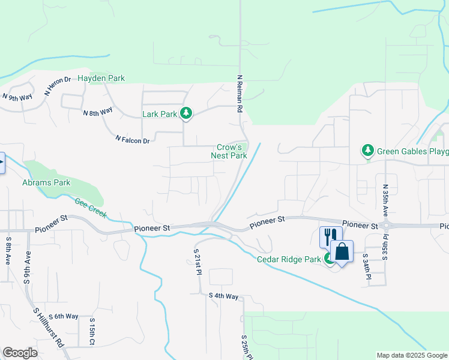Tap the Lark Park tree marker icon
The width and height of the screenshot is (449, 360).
[x=186, y=113]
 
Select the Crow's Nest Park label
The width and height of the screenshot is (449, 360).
[x=229, y=151]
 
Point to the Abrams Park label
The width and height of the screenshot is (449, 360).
[x=46, y=182]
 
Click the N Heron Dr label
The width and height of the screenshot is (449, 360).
[x=58, y=86]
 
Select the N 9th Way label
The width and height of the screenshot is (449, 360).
[x=17, y=97]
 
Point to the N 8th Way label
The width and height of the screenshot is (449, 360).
[x=98, y=112]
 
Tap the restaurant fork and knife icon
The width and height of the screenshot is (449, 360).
[x=330, y=236]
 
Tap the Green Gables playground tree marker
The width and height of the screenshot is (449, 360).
[x=367, y=151]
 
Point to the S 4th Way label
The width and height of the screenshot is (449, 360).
[x=223, y=296]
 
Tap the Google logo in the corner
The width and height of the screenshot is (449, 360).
[x=20, y=352]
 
